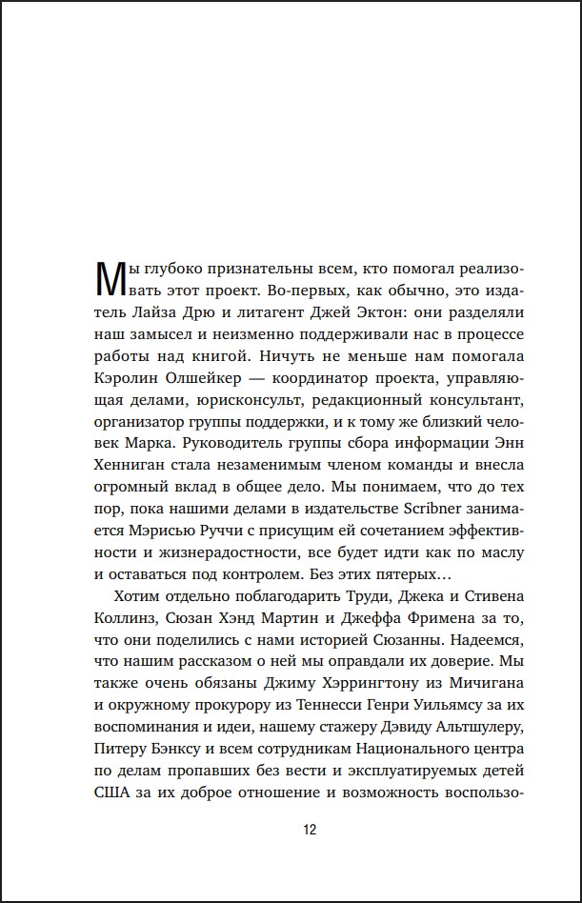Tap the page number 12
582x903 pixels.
(x=310, y=829)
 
